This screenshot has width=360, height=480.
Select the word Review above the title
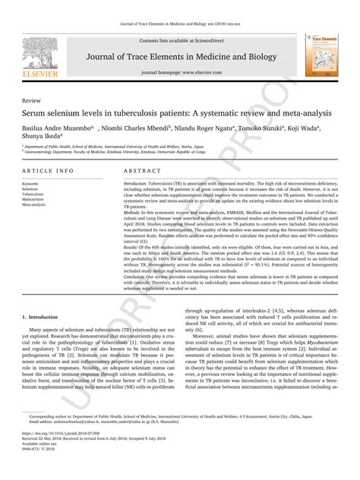tap(32, 99)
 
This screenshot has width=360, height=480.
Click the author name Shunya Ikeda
tap(43, 135)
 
